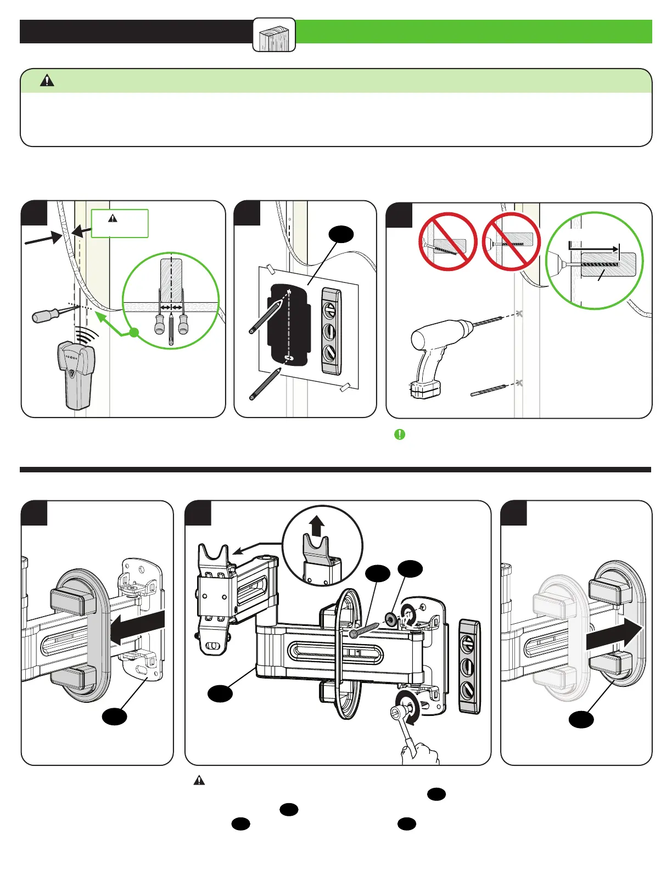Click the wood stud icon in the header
point(274,35)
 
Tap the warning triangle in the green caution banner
point(47,81)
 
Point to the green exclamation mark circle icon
point(400,435)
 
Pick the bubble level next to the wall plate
point(469,666)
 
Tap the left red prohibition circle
point(447,241)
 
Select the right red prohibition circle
point(511,241)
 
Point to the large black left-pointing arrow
point(137,628)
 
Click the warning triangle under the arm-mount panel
point(199,780)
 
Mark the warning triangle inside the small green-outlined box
point(113,218)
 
